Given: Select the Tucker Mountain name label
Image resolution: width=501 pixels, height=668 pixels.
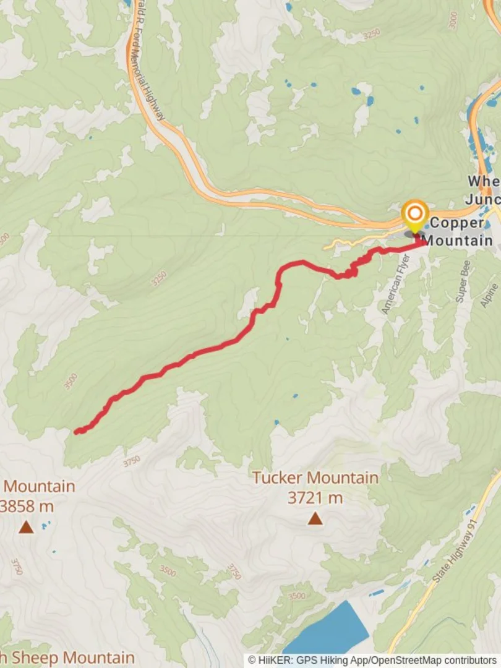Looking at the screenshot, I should [315, 478].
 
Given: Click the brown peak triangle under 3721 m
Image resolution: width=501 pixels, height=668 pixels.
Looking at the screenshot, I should [315, 518].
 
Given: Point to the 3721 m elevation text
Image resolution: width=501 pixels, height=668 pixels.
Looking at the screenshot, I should [315, 497].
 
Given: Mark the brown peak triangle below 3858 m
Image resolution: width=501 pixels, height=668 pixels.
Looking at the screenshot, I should [26, 527].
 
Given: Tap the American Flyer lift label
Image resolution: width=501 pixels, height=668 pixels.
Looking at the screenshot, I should [396, 284].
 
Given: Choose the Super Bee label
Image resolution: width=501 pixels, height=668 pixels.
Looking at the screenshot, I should [463, 281].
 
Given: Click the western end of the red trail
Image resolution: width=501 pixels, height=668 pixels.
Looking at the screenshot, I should [77, 432].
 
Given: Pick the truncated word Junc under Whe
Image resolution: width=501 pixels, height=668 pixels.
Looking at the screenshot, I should [482, 200].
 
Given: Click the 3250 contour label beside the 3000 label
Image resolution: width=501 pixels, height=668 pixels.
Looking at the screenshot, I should [372, 35].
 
